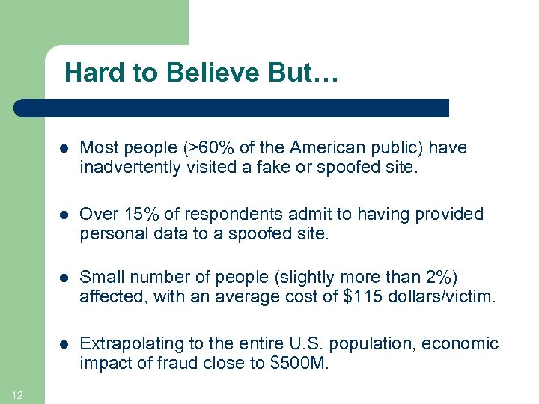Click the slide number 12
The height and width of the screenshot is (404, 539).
pos(17,396)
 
